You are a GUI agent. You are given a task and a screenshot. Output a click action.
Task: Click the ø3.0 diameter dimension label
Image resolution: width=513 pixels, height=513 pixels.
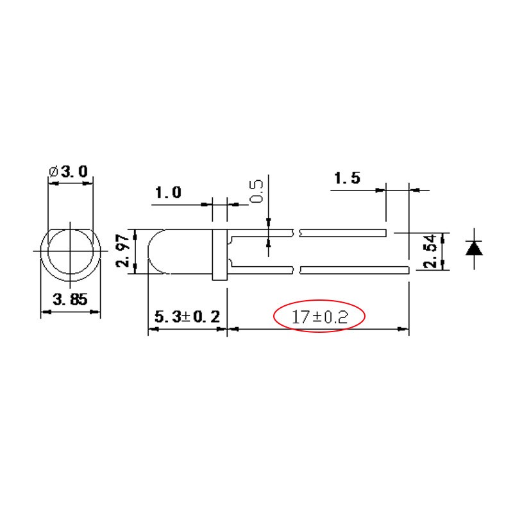71,171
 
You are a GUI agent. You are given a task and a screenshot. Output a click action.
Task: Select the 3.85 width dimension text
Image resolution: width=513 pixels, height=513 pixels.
71,299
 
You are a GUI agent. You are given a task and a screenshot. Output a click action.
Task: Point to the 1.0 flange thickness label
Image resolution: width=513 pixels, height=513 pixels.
168,192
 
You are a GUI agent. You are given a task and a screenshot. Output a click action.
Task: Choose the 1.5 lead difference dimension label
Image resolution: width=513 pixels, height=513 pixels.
346,178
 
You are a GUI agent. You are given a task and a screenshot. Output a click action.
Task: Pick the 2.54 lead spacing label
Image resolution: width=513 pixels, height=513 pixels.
430,251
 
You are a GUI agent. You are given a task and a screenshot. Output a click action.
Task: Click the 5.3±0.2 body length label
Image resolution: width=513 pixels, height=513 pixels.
187,316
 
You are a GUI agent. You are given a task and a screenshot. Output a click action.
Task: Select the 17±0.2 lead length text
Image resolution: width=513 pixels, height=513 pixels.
319,316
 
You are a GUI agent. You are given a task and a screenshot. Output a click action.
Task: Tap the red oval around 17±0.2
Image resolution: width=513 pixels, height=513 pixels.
276,316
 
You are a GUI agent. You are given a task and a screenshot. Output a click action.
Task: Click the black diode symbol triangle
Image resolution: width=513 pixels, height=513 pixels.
475,248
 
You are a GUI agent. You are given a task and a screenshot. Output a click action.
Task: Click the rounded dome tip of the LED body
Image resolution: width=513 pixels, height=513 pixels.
151,251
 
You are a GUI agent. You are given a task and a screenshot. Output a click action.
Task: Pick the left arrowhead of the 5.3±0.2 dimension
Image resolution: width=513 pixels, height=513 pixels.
153,330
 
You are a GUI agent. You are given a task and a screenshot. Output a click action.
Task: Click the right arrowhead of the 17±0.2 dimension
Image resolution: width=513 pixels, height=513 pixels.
404,330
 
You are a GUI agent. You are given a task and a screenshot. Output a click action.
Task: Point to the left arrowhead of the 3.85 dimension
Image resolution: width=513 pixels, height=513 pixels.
45,313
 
